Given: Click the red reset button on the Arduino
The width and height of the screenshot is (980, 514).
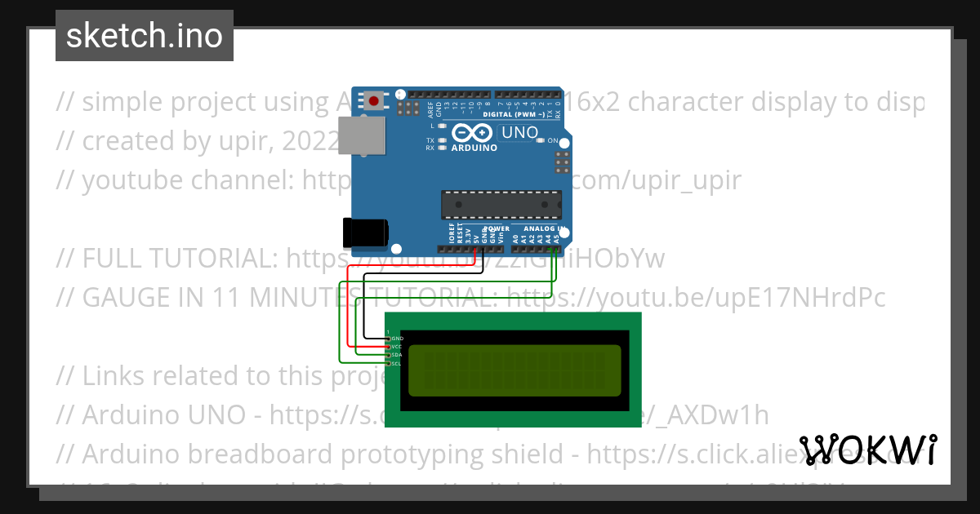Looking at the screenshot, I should tap(374, 101).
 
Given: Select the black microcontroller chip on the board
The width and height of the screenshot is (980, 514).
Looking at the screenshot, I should tap(501, 204).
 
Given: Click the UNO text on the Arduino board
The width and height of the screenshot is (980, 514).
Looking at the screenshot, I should tap(519, 132).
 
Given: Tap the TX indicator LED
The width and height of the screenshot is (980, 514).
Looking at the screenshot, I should tap(442, 140).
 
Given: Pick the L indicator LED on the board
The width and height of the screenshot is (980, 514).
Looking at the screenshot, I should tap(442, 126).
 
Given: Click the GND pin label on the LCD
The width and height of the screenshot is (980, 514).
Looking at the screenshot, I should tap(397, 338).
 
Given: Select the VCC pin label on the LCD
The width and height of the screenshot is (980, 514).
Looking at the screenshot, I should tap(397, 347).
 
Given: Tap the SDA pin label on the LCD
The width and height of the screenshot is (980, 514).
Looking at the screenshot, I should tap(397, 355).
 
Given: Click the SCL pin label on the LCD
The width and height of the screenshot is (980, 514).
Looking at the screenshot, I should tap(397, 363).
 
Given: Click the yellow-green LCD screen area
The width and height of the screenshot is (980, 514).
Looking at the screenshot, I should tap(514, 370).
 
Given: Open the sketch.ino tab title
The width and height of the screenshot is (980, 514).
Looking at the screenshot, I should tap(145, 36).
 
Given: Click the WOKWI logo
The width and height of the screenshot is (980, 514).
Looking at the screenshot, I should tap(868, 450).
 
